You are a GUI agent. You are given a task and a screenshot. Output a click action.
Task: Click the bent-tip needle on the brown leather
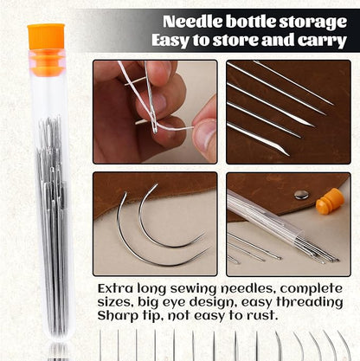tap(258, 139)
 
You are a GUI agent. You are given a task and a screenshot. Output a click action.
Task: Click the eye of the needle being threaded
tap(155, 128)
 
